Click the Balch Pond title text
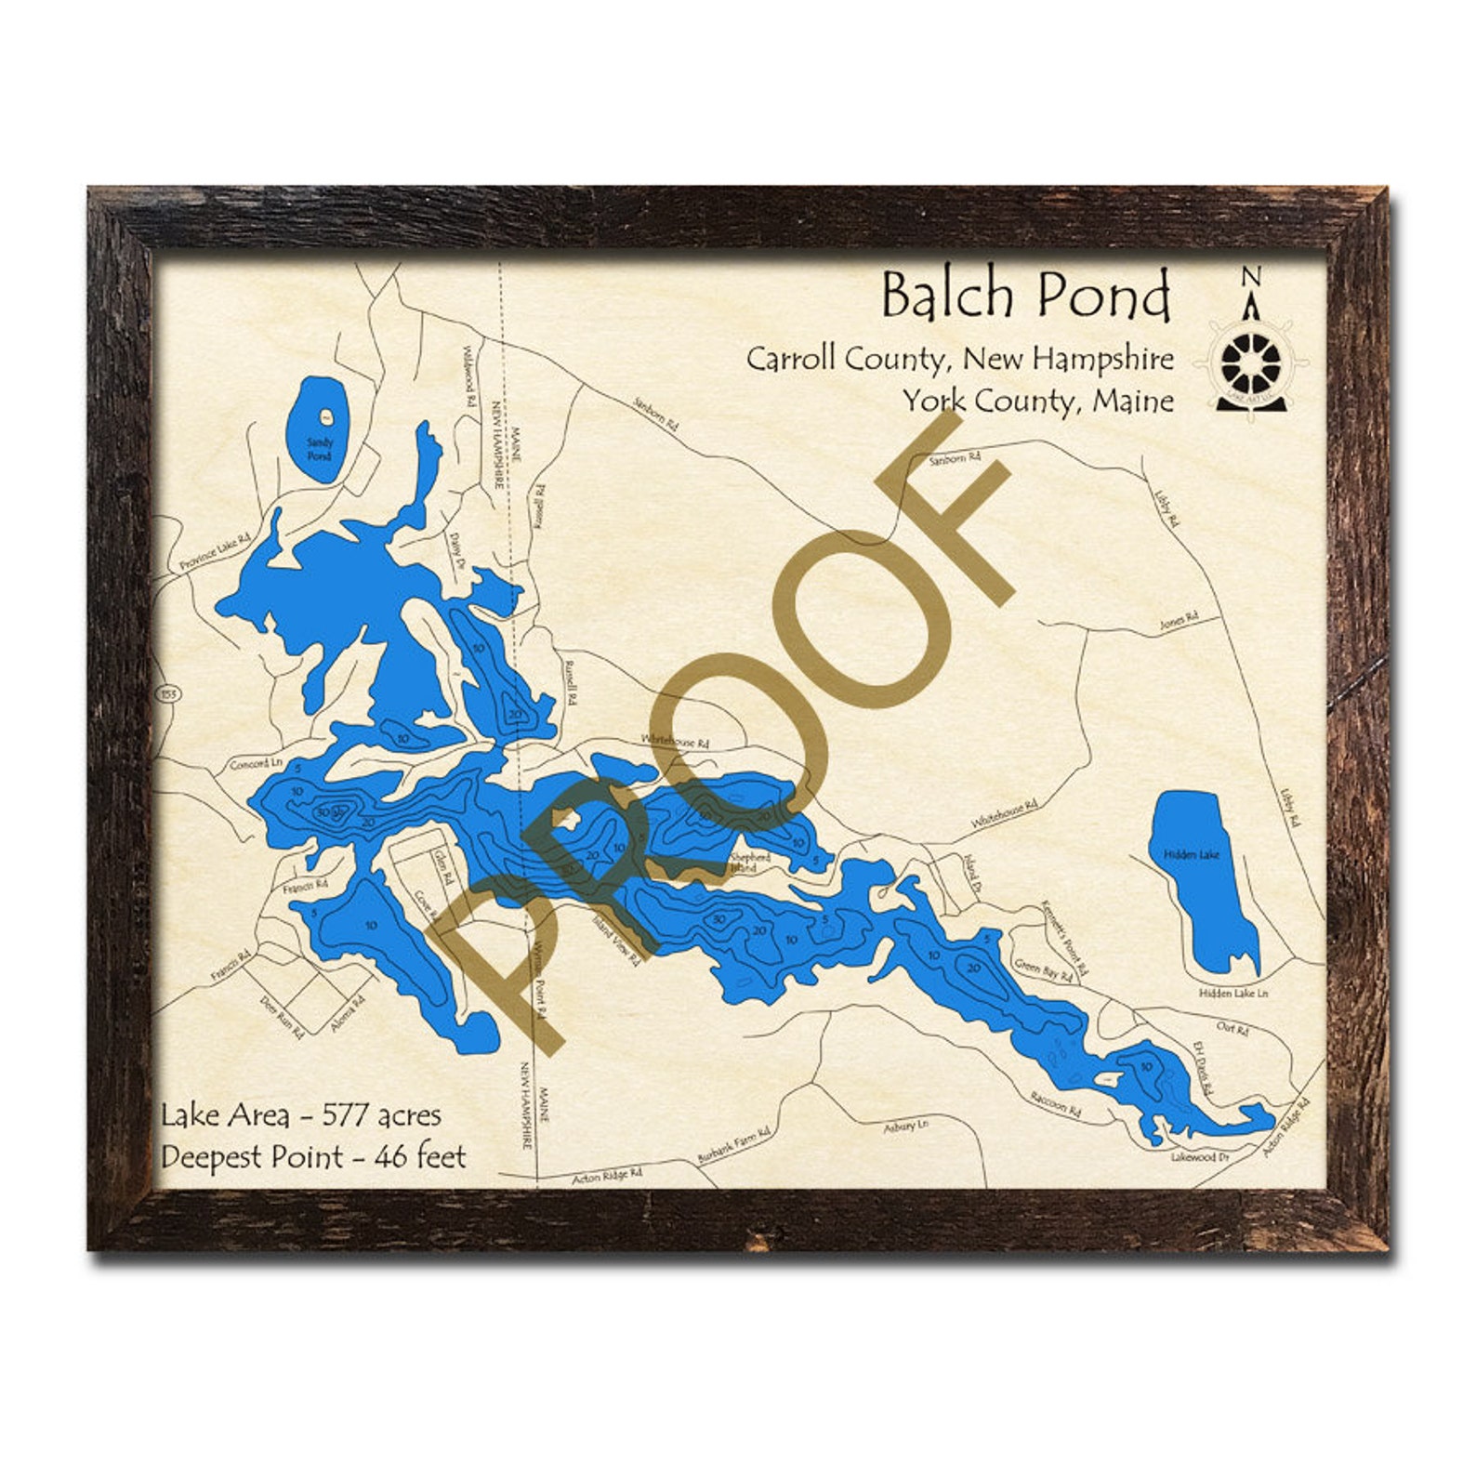[x=1025, y=295]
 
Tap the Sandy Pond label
[x=319, y=449]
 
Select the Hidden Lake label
[x=1192, y=853]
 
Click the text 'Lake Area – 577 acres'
[x=301, y=1114]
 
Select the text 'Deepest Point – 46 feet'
[x=313, y=1156]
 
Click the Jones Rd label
[x=1179, y=621]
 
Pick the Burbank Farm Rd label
[x=734, y=1146]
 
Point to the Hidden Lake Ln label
[x=1232, y=993]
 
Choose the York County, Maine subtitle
[x=1038, y=402]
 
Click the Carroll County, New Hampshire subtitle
[x=959, y=358]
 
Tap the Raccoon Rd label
[x=1056, y=1104]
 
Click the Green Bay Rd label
[x=1044, y=970]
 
